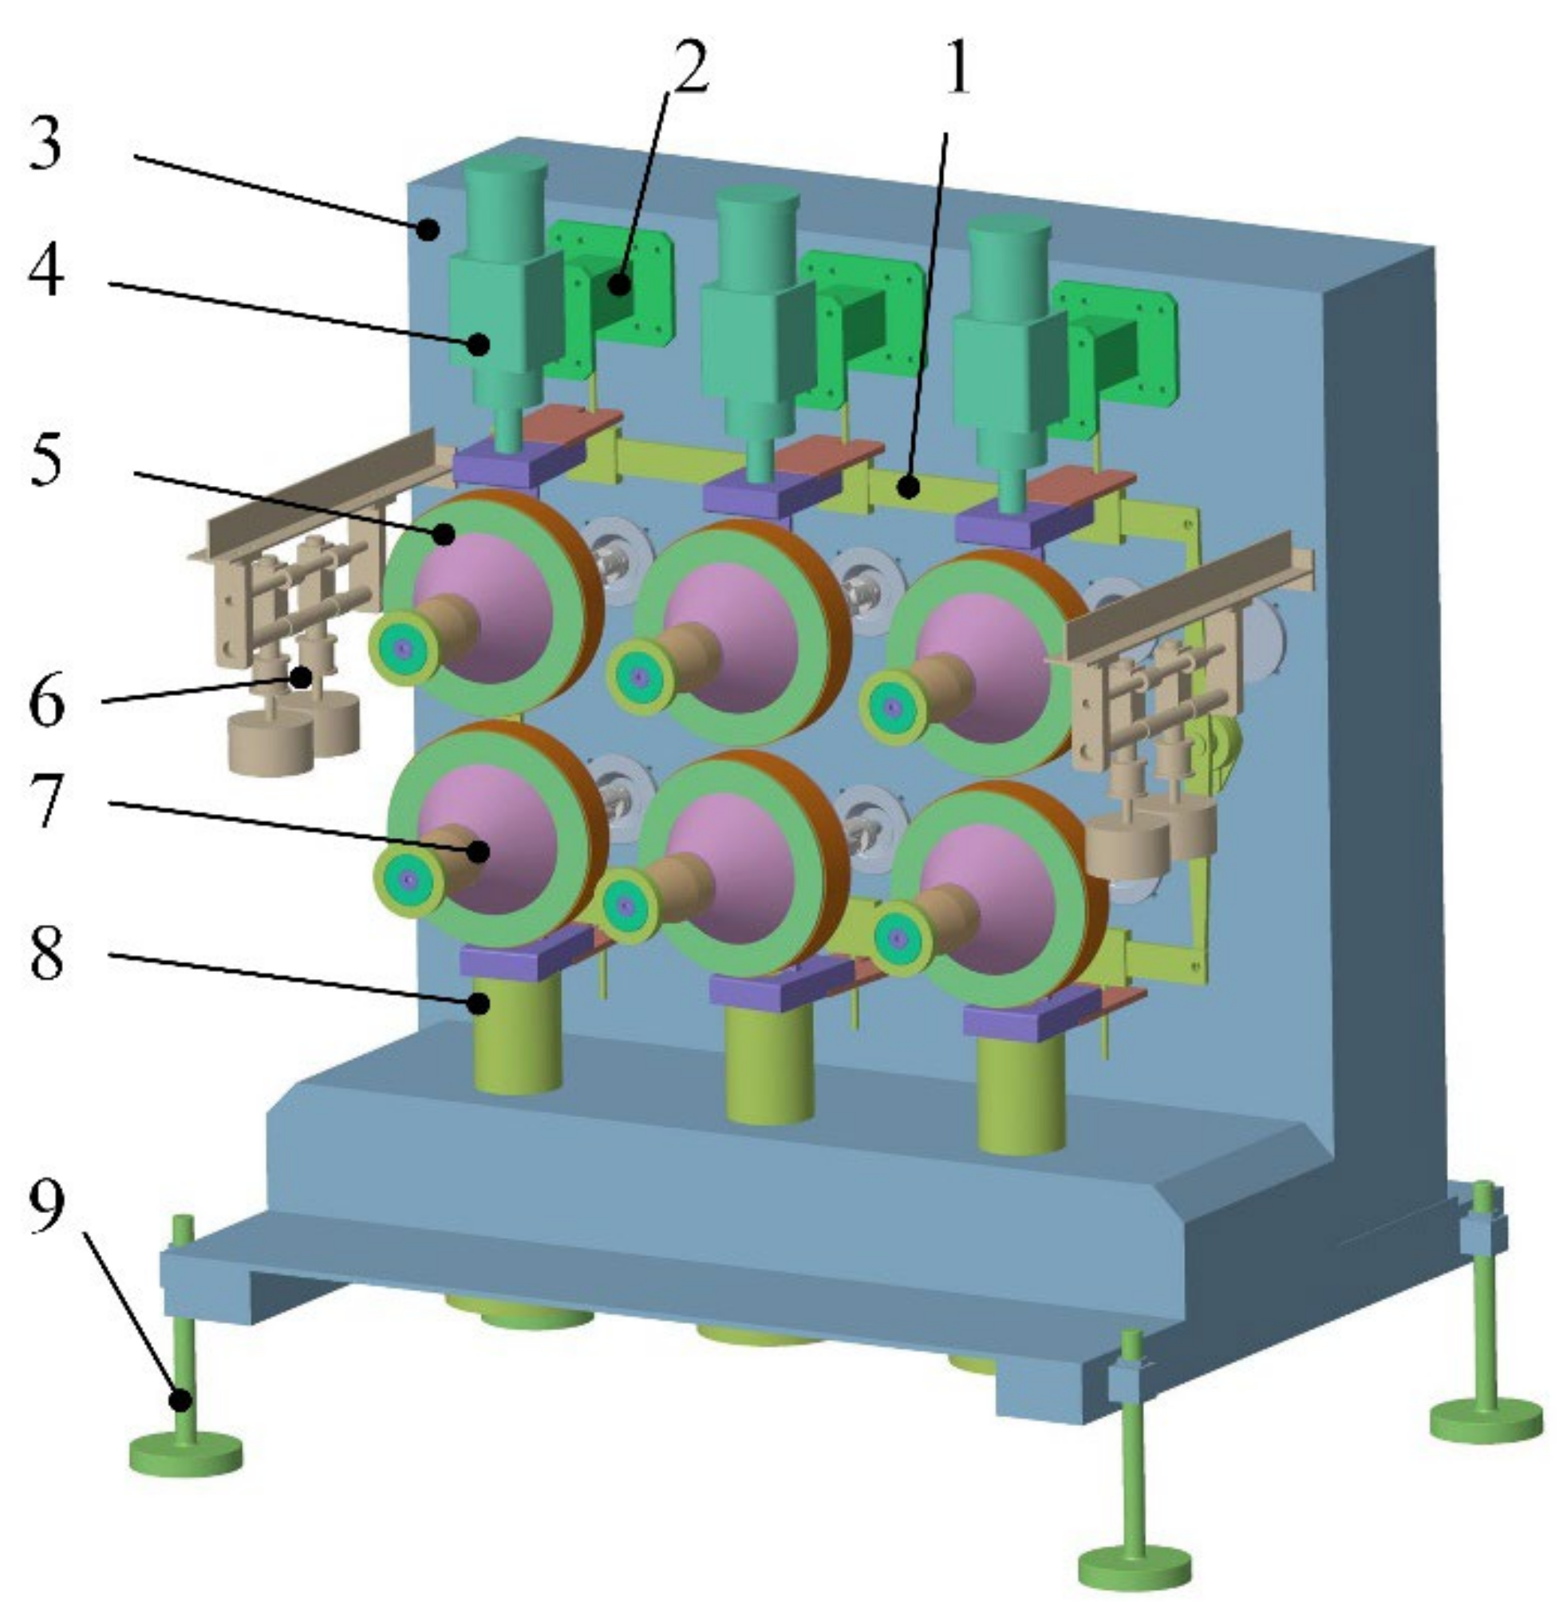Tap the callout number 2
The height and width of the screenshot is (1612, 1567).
[x=682, y=66]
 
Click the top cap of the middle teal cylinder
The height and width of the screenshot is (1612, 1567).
[x=757, y=201]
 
